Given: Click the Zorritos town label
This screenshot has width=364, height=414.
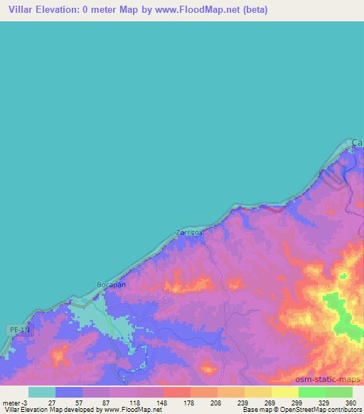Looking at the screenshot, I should (189, 233).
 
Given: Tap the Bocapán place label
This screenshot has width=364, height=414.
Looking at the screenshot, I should (111, 285).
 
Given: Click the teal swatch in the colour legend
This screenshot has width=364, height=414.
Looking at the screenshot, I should (42, 392).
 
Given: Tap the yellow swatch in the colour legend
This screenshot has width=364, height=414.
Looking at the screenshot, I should (284, 392).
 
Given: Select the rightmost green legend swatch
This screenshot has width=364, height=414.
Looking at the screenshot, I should (339, 392).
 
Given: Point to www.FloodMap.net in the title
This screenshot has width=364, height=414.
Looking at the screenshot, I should (203, 10).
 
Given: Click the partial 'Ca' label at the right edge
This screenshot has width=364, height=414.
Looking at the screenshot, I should (358, 143).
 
